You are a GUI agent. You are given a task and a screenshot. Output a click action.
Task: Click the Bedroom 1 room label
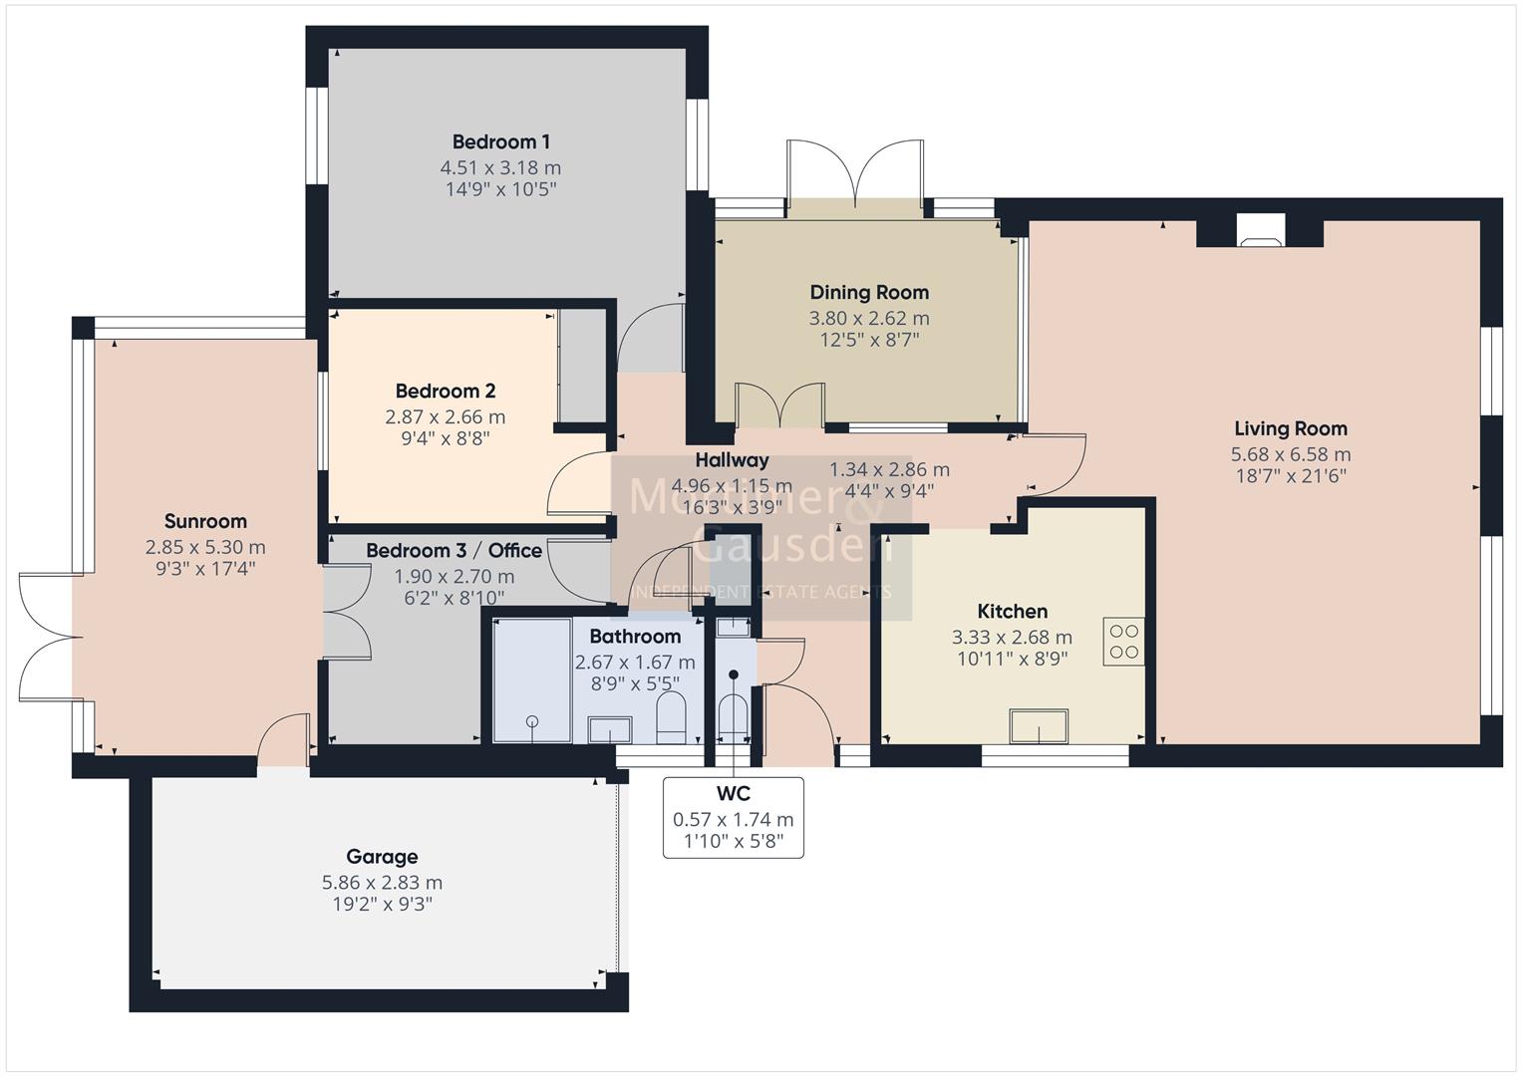pyautogui.click(x=500, y=141)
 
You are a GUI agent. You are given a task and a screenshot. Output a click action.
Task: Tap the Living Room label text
pyautogui.click(x=1290, y=428)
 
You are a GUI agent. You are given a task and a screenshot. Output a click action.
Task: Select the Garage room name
pyautogui.click(x=382, y=856)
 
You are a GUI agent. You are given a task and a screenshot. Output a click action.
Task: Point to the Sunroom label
pyautogui.click(x=205, y=521)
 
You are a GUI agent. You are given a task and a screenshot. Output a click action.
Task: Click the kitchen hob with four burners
pyautogui.click(x=1123, y=642)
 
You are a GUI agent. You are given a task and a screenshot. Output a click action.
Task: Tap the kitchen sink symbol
pyautogui.click(x=1039, y=726)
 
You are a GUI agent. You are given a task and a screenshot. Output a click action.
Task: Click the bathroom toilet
pyautogui.click(x=671, y=718)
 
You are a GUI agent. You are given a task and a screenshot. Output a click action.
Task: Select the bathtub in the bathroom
pyautogui.click(x=532, y=680)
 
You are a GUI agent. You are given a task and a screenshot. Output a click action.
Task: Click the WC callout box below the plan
pyautogui.click(x=733, y=818)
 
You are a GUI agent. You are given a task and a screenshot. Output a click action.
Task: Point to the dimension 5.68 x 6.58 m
pyautogui.click(x=1290, y=454)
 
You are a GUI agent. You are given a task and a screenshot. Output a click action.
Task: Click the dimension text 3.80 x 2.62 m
pyautogui.click(x=869, y=319)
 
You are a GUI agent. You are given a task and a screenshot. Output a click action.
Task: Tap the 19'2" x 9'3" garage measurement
pyautogui.click(x=382, y=905)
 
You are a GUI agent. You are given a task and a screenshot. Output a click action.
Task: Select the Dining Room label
pyautogui.click(x=869, y=292)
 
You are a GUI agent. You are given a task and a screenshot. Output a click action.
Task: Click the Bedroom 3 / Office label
pyautogui.click(x=454, y=550)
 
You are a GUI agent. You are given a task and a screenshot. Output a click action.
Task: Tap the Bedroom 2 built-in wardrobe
pyautogui.click(x=581, y=366)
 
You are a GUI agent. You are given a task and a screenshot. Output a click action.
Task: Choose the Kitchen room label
pyautogui.click(x=1012, y=611)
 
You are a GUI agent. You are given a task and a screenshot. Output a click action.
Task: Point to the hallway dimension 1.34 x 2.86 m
pyautogui.click(x=889, y=469)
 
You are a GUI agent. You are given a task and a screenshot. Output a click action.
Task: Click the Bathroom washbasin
pyautogui.click(x=609, y=728)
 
